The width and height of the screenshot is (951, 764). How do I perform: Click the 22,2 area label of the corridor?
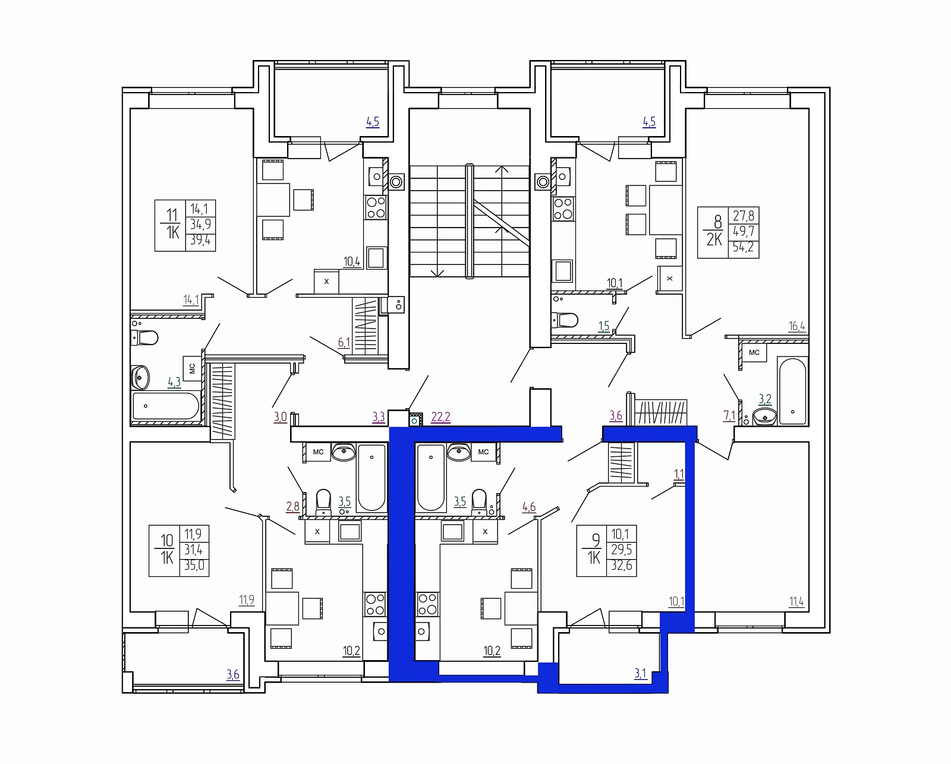point(440,416)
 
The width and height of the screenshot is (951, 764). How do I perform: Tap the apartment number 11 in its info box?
point(171,215)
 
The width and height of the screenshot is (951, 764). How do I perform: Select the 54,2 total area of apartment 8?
point(744,248)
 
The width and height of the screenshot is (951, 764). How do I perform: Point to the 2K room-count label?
point(714,239)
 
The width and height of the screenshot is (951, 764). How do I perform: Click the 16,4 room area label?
point(797,326)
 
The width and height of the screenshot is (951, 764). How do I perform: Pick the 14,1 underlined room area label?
point(191,300)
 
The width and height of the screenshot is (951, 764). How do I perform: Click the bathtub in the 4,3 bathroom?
point(166,406)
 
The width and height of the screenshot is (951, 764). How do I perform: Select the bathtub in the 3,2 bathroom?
point(792,391)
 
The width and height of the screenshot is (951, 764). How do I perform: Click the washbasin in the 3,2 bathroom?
point(764,416)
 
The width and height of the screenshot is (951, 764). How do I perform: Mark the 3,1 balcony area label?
point(640,674)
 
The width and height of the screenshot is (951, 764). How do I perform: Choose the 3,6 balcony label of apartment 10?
point(233,674)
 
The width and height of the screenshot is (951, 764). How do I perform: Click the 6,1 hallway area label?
point(344,342)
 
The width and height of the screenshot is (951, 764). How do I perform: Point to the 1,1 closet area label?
point(679,475)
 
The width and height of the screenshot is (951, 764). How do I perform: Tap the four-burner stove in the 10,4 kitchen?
point(376,208)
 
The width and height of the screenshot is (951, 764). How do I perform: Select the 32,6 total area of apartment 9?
point(621,565)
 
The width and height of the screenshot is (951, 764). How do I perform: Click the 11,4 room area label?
point(797,601)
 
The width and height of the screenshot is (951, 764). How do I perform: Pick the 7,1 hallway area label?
point(729,416)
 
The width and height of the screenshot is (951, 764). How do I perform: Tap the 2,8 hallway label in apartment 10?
point(292,506)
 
